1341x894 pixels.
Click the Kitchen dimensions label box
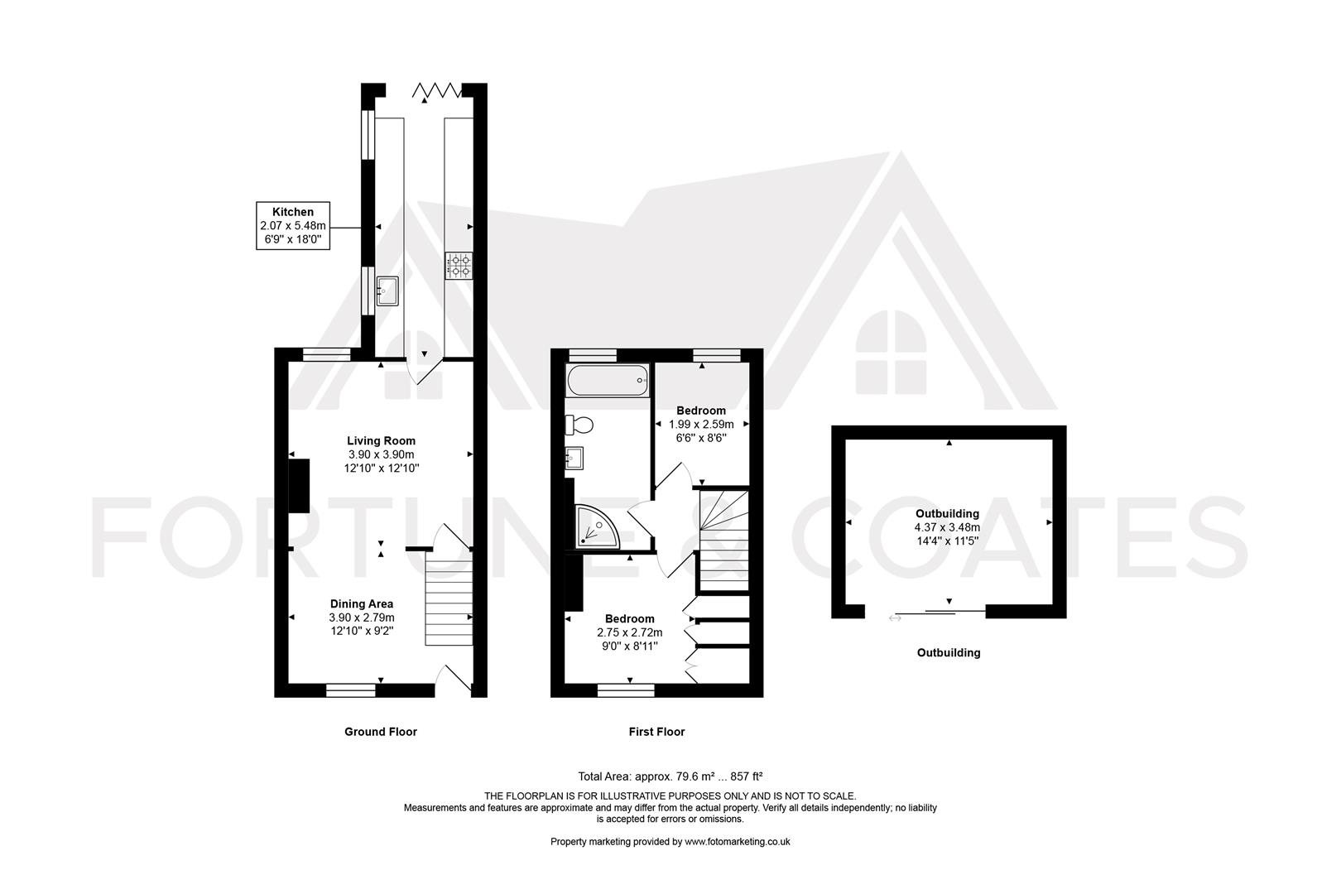tap(293, 226)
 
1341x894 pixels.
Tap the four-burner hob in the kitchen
tap(459, 266)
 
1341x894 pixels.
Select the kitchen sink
tap(387, 291)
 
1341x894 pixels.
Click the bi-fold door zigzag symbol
tap(437, 90)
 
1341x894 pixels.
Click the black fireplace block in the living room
tap(300, 486)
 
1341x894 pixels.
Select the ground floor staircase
tap(449, 598)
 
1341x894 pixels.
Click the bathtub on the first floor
tap(607, 380)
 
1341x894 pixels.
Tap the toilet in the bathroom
tap(579, 425)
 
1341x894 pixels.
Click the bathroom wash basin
tap(574, 459)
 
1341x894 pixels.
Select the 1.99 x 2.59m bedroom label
tap(701, 424)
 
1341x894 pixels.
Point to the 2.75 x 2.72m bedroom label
tap(630, 632)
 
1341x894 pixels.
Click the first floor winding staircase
tap(723, 541)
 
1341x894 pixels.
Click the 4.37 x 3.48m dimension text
tap(947, 527)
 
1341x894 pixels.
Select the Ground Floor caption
tap(381, 732)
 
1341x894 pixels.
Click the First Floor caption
tap(656, 732)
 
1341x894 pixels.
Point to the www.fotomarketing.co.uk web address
tap(738, 842)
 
